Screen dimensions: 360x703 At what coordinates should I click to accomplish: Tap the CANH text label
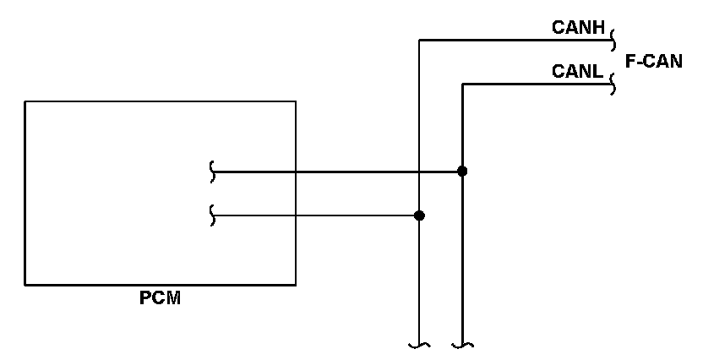coord(578,28)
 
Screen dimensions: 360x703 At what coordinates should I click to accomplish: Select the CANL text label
coord(577,73)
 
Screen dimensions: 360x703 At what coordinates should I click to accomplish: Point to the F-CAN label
coord(653,61)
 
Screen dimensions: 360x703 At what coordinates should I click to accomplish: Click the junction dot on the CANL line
coord(462,172)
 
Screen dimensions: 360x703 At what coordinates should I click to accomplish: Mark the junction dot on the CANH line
coord(419,215)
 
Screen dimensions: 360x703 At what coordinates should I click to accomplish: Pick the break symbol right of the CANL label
coord(613,84)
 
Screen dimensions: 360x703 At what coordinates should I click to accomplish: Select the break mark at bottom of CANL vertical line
coord(462,345)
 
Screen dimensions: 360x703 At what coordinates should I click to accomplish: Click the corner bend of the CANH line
coord(419,39)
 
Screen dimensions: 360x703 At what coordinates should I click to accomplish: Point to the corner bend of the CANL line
coord(462,84)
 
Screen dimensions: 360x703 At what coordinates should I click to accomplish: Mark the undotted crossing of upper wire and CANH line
coord(419,172)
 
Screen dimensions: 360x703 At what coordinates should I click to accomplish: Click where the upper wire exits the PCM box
coord(296,172)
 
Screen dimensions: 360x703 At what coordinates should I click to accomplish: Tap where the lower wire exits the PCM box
coord(296,215)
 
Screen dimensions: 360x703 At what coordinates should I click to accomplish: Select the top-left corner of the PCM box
coord(25,101)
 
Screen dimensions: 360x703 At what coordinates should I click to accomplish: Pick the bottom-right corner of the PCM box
coord(296,284)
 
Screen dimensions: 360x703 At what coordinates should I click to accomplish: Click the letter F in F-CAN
coord(630,61)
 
